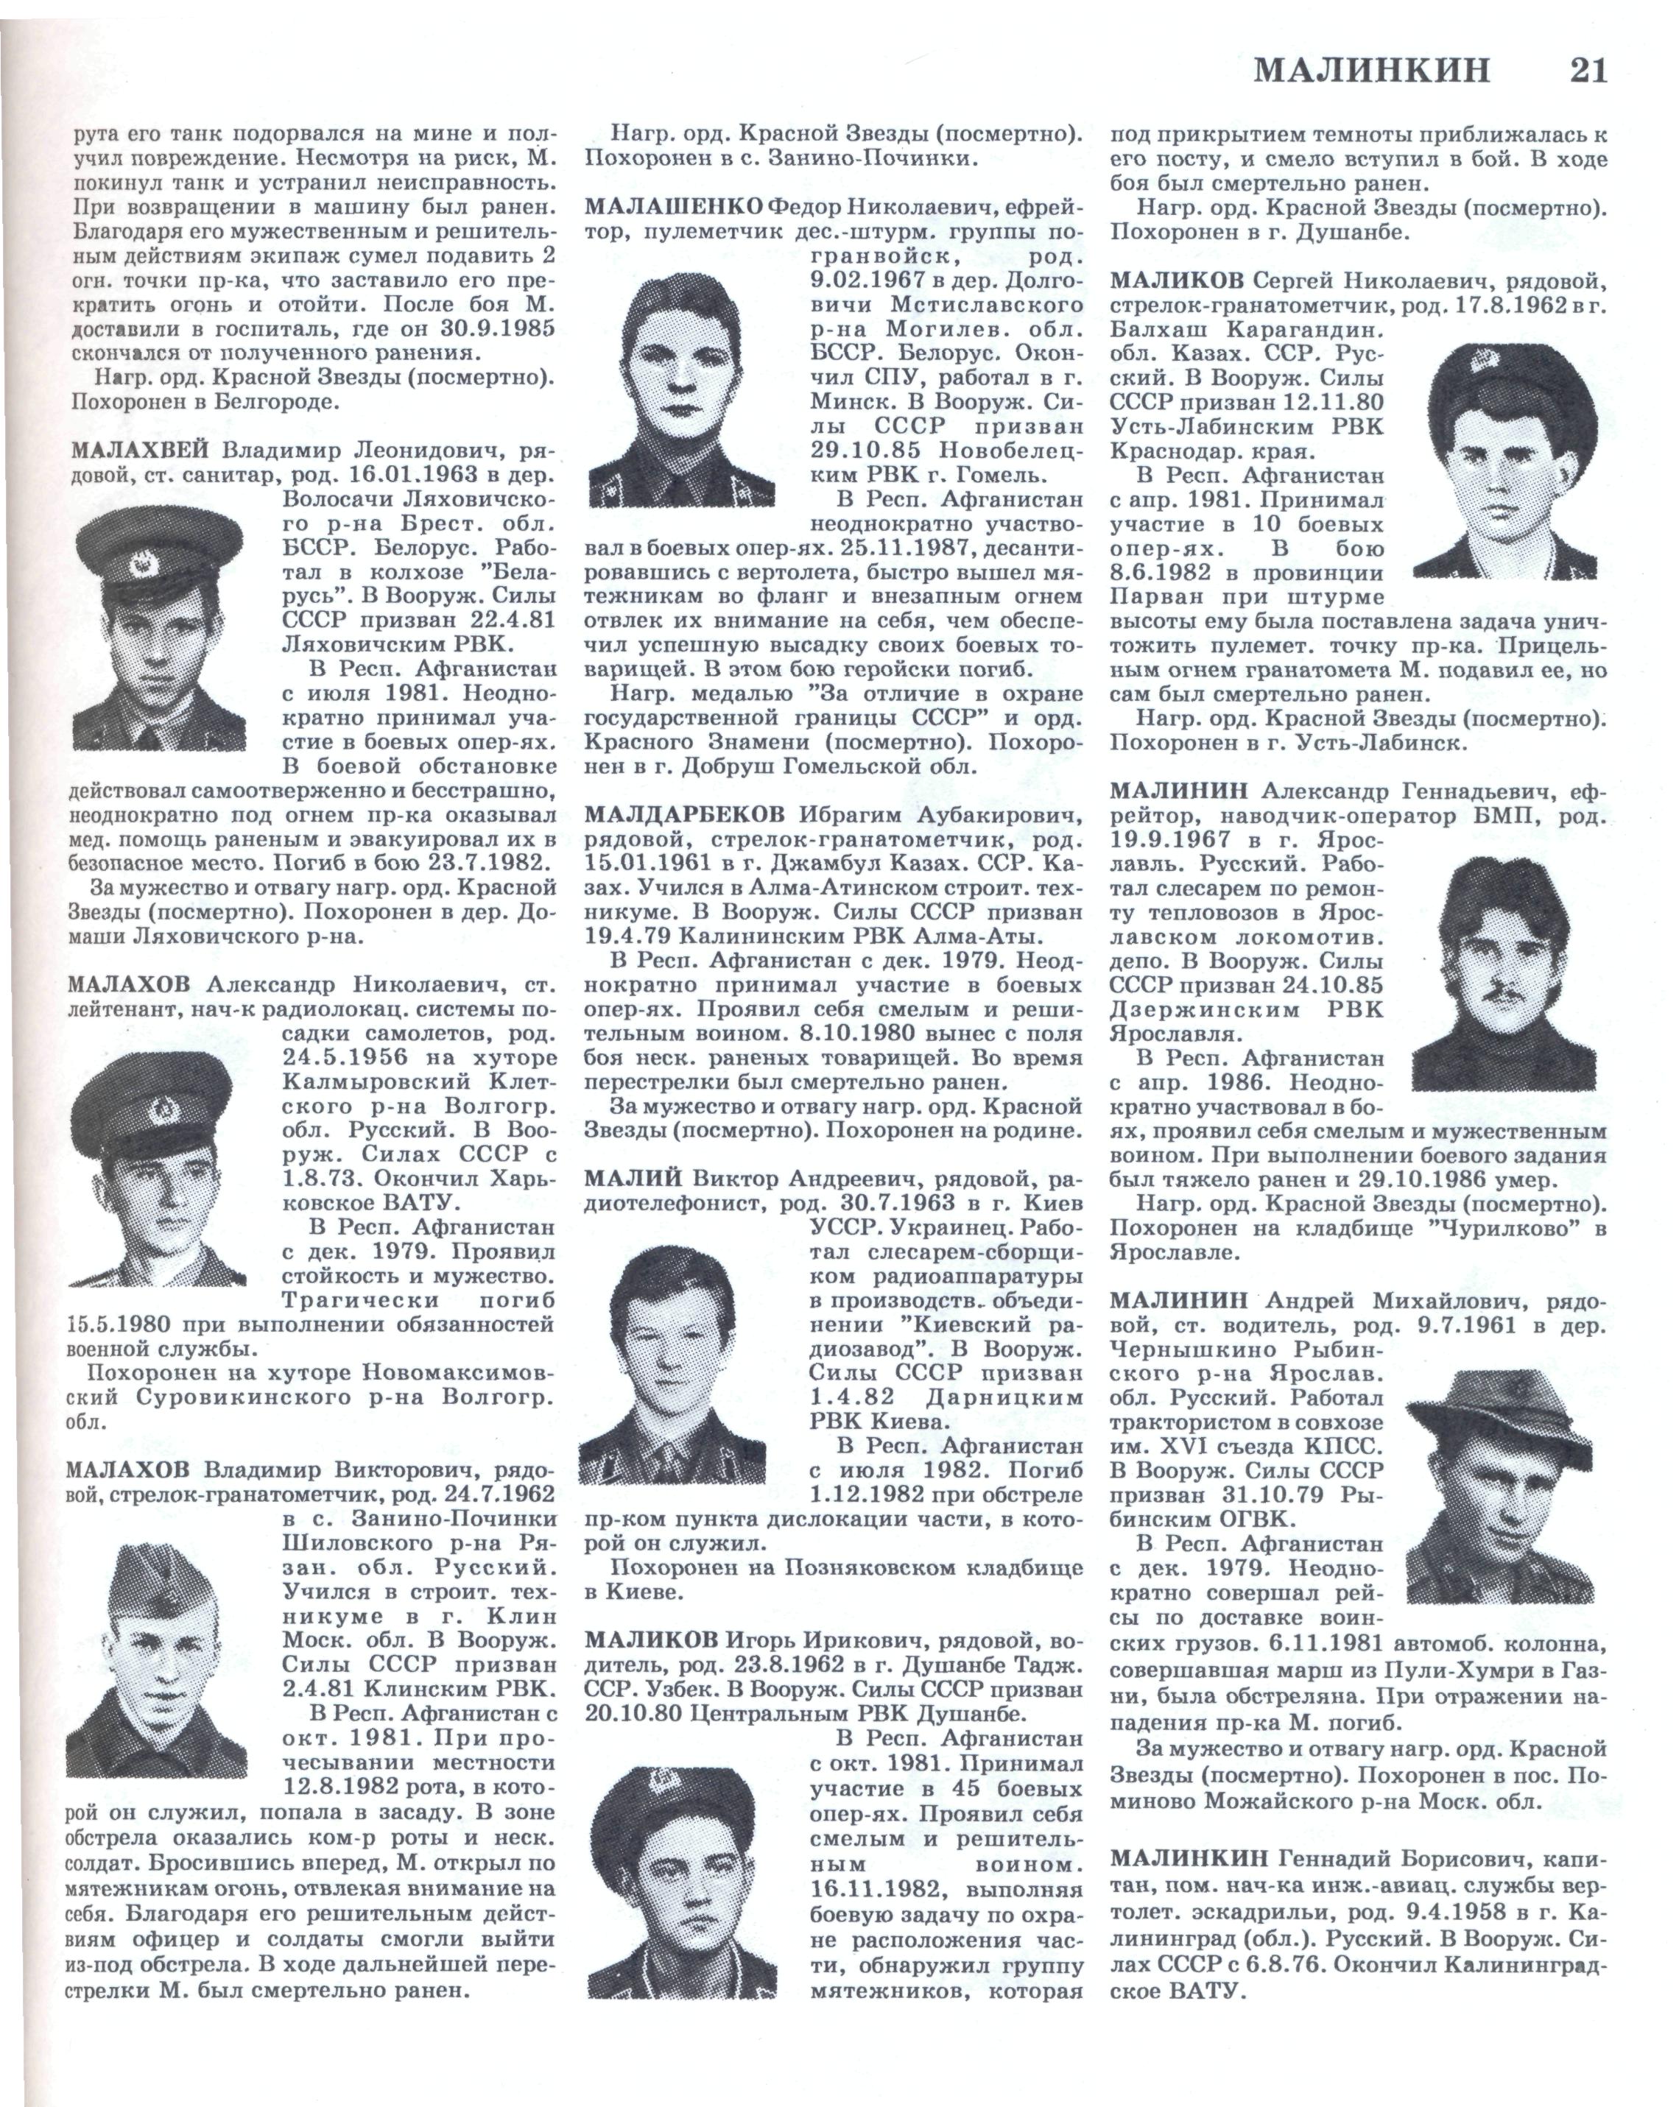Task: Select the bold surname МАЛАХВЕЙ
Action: point(140,451)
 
